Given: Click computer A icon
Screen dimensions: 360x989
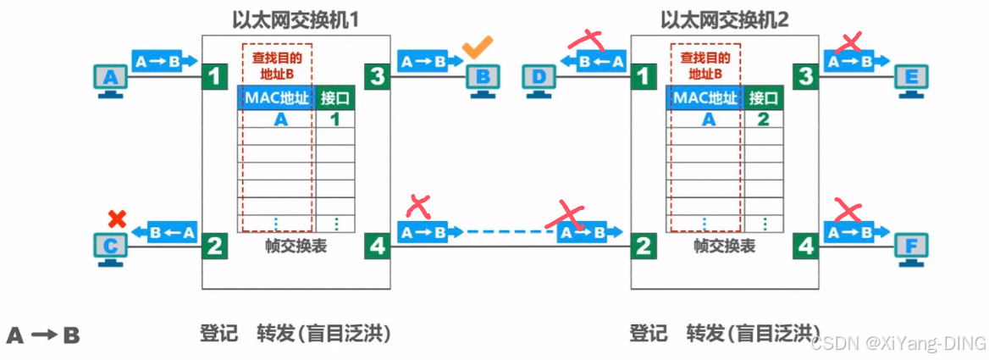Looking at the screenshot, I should [109, 81].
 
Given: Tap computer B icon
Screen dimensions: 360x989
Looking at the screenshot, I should [483, 81].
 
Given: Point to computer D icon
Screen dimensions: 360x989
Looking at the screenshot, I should [539, 81].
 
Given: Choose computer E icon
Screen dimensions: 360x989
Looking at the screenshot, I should [912, 81].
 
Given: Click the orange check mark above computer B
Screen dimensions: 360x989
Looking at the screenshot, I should [478, 47].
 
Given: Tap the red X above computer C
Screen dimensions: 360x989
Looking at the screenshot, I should [116, 219].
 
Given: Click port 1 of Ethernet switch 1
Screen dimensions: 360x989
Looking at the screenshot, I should [215, 77].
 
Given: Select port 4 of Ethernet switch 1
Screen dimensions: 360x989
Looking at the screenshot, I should [377, 246].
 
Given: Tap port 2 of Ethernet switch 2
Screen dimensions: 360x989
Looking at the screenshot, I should [644, 246].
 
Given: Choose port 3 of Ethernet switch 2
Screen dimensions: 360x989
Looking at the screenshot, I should [806, 77].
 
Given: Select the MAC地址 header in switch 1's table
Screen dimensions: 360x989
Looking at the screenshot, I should [274, 98].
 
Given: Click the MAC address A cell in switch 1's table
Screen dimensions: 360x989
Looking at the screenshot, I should [280, 120].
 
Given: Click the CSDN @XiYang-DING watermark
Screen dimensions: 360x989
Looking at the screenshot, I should [898, 343].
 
